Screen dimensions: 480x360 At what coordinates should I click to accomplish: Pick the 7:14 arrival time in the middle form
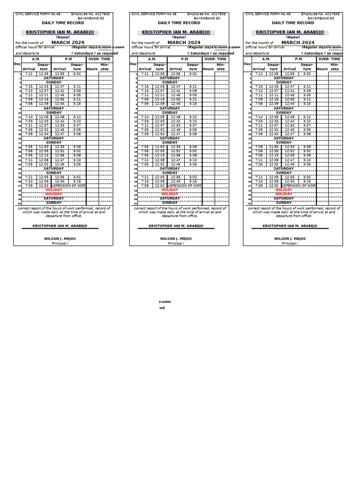point(145,117)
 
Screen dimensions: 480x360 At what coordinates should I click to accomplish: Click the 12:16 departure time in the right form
point(273,99)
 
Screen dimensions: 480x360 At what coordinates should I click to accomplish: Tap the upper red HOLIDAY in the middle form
point(170,190)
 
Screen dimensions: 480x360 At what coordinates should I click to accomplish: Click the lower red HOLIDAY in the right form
point(284,194)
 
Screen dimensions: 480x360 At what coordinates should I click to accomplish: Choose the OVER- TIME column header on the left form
point(99,60)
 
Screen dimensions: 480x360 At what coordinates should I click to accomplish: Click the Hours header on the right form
point(322,69)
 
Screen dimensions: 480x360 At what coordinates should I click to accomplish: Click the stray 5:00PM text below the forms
point(165,302)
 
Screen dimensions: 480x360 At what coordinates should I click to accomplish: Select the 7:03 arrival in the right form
point(259,121)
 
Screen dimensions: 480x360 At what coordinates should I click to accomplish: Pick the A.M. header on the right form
point(266,60)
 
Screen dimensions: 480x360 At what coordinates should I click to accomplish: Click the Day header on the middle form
point(133,64)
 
